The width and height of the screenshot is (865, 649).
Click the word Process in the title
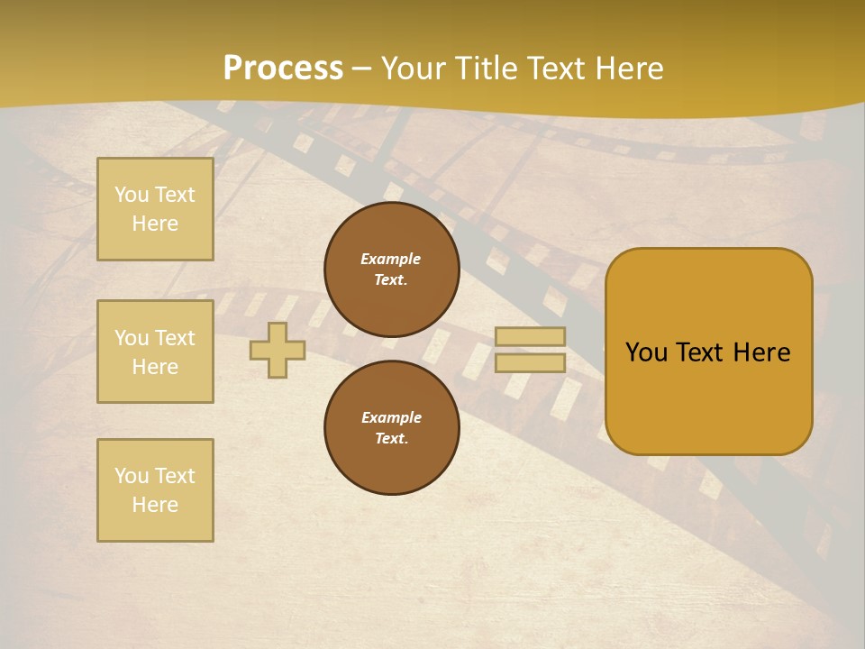pos(283,69)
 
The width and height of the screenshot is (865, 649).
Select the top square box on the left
pos(155,209)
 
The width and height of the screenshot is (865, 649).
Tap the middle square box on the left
pos(155,352)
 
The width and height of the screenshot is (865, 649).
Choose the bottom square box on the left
pos(155,490)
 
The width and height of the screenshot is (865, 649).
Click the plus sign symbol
pos(278,351)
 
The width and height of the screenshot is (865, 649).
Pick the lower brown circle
pos(391,427)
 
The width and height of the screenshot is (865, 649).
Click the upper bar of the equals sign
pos(530,337)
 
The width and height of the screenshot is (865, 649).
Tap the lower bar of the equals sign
pos(530,362)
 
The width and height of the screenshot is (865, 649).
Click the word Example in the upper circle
pos(391,259)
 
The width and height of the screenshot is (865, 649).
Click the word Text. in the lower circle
pos(391,439)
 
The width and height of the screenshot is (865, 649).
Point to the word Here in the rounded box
pos(761,352)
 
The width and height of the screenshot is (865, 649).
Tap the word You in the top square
pos(132,195)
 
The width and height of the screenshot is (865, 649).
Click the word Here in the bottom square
pos(155,505)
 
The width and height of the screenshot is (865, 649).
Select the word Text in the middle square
pos(175,338)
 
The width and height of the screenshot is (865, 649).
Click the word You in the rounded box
pos(646,352)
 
